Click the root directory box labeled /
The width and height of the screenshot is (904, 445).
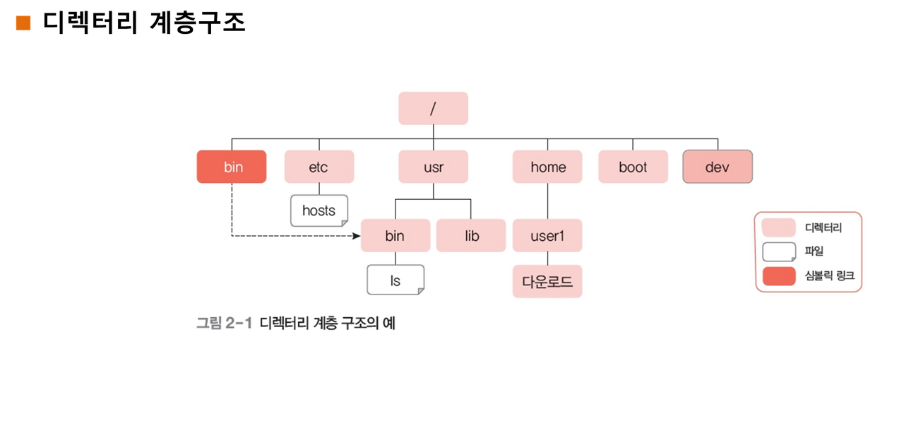point(433,109)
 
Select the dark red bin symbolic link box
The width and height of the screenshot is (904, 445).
point(232,167)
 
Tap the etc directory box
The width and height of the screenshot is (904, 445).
point(319,167)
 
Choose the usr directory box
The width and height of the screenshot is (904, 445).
point(433,167)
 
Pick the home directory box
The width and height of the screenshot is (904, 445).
point(547,167)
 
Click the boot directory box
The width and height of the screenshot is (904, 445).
point(633,167)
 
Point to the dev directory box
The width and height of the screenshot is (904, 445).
point(718,167)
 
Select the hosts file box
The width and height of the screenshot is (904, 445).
point(319,210)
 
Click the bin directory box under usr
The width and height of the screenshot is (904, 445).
point(395,235)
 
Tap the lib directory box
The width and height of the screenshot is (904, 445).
point(471,235)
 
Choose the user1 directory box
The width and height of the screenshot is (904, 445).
point(547,235)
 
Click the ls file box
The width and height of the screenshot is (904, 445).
point(395,280)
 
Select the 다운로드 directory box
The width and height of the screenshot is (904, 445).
point(547,281)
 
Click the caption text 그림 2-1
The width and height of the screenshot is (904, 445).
point(224,323)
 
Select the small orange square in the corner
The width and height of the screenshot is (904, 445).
point(23,23)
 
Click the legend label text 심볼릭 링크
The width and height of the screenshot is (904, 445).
point(829,275)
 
